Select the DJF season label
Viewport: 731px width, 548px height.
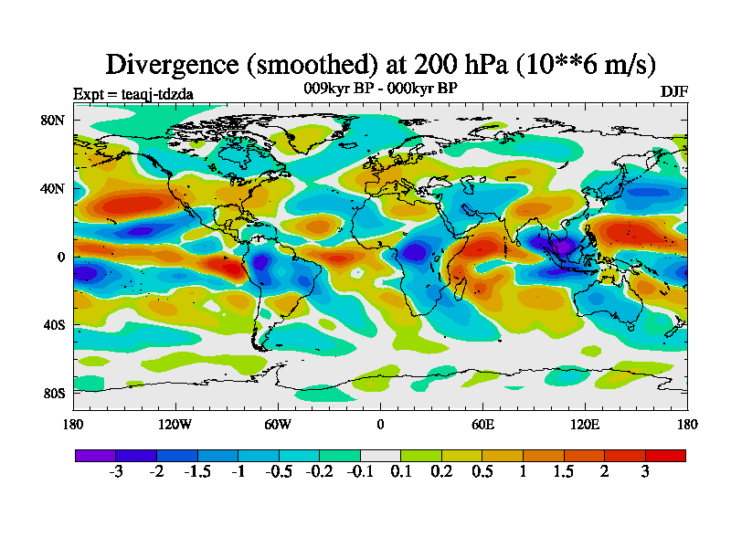pos(673,92)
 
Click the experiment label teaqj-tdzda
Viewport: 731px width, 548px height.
pos(132,93)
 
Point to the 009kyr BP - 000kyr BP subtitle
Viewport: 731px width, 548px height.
pos(380,88)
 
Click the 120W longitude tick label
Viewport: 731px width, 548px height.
pos(175,424)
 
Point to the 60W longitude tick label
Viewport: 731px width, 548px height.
pos(278,424)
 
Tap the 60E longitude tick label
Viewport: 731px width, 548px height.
pos(482,424)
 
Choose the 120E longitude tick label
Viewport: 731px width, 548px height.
pos(585,424)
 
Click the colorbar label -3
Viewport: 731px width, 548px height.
pos(115,472)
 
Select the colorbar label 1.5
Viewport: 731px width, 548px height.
pos(564,472)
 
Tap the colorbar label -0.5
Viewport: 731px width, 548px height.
pos(277,472)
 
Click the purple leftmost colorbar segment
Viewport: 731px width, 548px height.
pos(95,455)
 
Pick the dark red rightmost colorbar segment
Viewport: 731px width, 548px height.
pos(665,455)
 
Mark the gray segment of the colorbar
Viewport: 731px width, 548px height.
pos(380,455)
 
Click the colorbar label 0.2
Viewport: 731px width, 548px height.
pos(441,472)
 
